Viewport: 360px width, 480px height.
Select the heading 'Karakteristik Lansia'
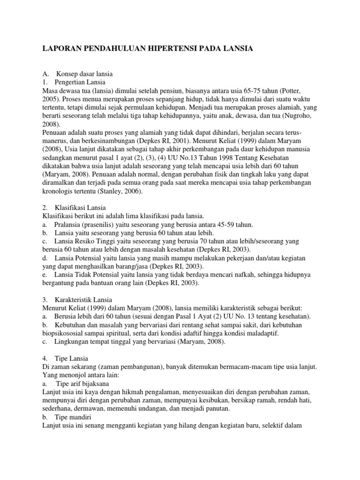pyautogui.click(x=83, y=300)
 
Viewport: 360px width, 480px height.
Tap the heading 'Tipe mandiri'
pyautogui.click(x=73, y=417)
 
